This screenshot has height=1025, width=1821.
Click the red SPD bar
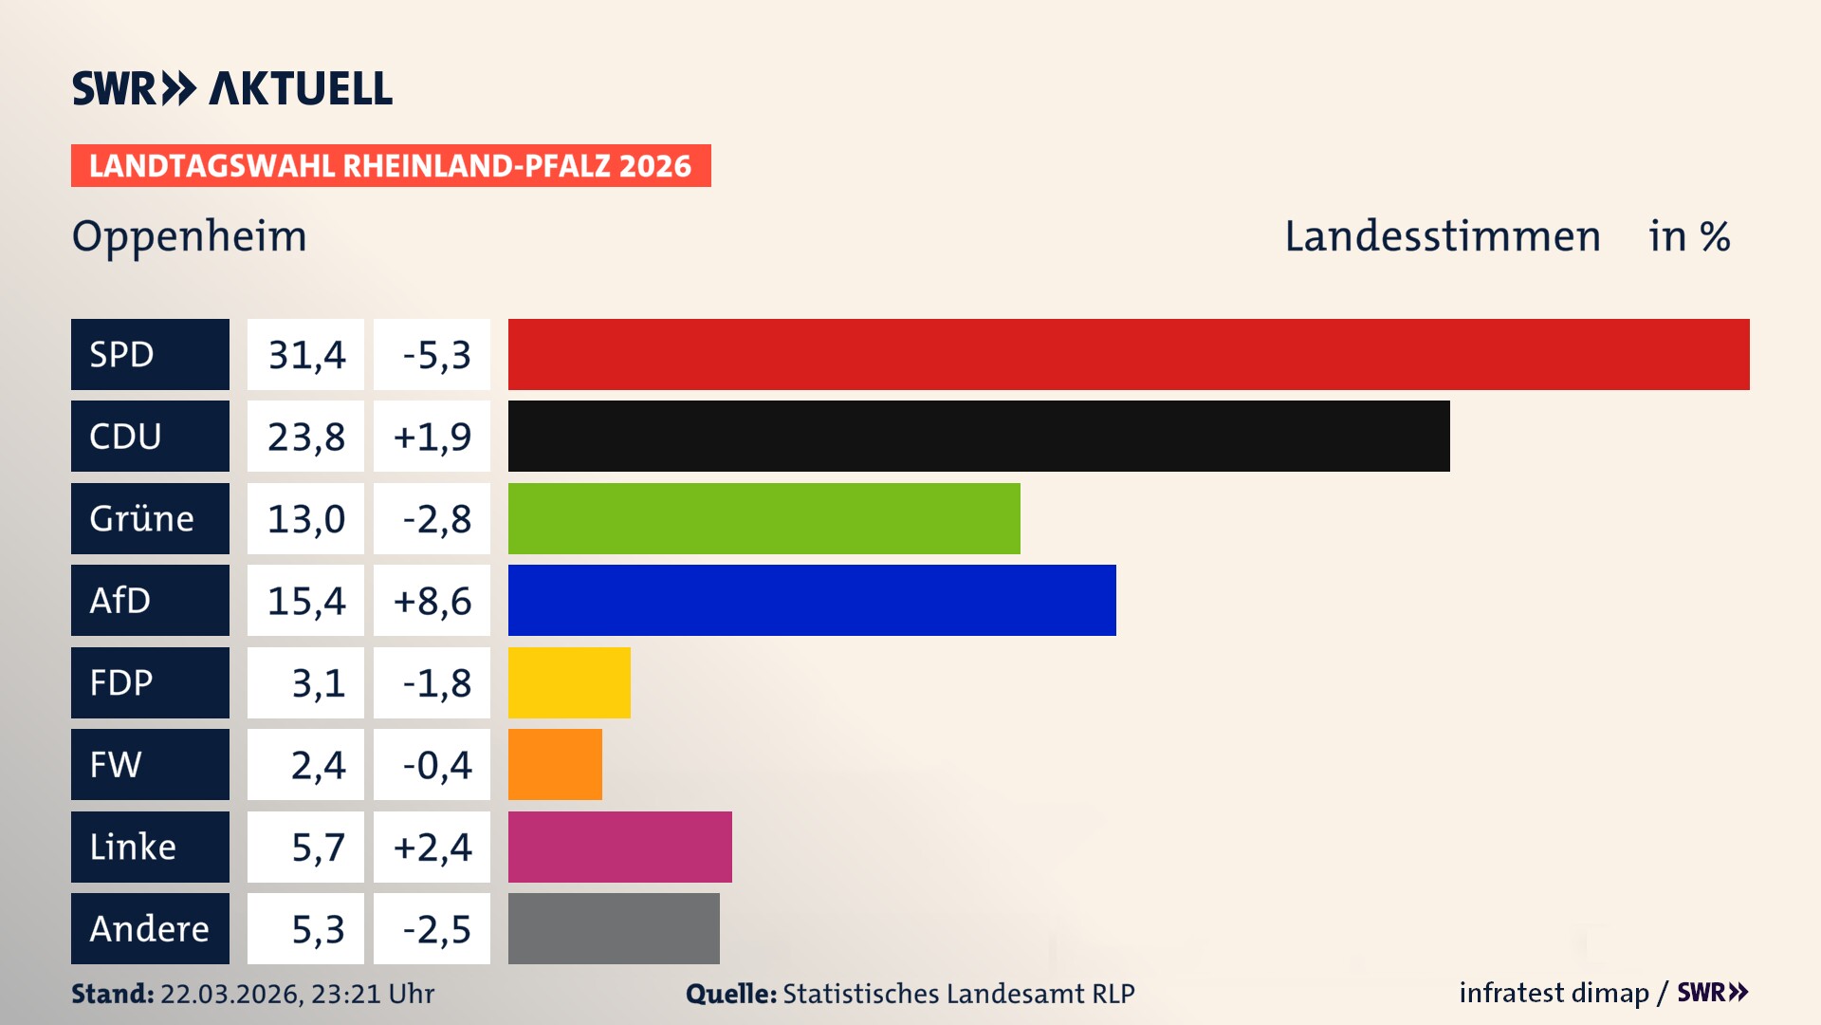pyautogui.click(x=1129, y=354)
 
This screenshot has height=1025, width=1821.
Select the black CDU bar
pyautogui.click(x=979, y=437)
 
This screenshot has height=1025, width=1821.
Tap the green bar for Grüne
pyautogui.click(x=763, y=518)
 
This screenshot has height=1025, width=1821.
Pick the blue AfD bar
pyautogui.click(x=812, y=600)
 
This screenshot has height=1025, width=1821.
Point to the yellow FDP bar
pyautogui.click(x=569, y=682)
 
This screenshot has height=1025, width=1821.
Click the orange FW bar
pyautogui.click(x=555, y=764)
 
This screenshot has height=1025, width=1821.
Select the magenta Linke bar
pyautogui.click(x=619, y=847)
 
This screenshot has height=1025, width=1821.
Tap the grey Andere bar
pyautogui.click(x=614, y=928)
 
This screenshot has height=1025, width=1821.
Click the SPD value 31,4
pyautogui.click(x=306, y=355)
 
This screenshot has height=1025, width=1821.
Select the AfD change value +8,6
pyautogui.click(x=432, y=601)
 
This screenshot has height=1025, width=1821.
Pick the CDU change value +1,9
pyautogui.click(x=432, y=437)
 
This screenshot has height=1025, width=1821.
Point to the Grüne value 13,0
pyautogui.click(x=306, y=519)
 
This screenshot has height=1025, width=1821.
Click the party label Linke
pyautogui.click(x=133, y=847)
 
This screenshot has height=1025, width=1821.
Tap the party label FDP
pyautogui.click(x=121, y=682)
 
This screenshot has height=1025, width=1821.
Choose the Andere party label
pyautogui.click(x=149, y=928)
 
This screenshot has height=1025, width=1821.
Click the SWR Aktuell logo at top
pyautogui.click(x=232, y=88)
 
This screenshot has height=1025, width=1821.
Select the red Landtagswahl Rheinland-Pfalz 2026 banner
pyautogui.click(x=391, y=166)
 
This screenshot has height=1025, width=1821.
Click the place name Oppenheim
pyautogui.click(x=190, y=236)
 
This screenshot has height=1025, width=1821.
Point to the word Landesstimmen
pyautogui.click(x=1443, y=236)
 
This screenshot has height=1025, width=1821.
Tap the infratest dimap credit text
pyautogui.click(x=1554, y=993)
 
